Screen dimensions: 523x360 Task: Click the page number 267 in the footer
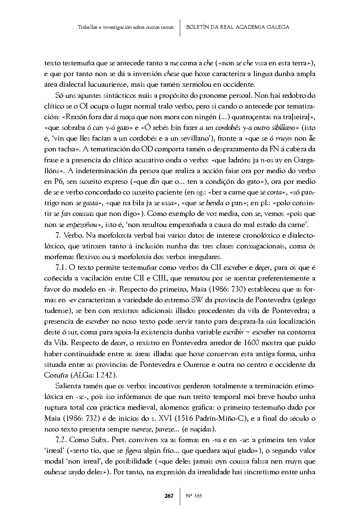tap(169, 496)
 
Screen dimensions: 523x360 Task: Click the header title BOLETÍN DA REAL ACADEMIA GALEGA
tap(238, 27)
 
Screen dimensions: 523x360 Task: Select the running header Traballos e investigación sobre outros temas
tap(126, 27)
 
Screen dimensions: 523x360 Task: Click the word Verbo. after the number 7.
tap(72, 235)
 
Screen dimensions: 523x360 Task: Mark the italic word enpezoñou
tap(83, 224)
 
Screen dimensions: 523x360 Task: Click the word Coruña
tap(56, 375)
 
